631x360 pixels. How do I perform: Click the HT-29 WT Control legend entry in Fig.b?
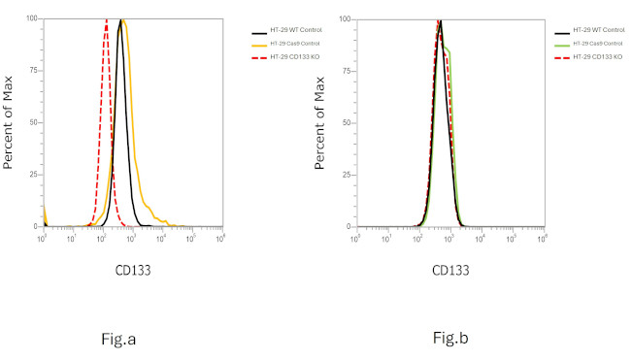pyautogui.click(x=598, y=32)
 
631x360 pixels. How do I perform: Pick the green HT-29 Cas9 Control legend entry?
pyautogui.click(x=596, y=44)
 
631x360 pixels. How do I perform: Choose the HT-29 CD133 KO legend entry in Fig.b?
pyautogui.click(x=596, y=56)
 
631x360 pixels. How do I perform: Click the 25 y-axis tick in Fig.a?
pyautogui.click(x=33, y=175)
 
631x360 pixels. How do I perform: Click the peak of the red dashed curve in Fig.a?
pyautogui.click(x=106, y=20)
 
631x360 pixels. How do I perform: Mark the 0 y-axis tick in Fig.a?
pyautogui.click(x=36, y=226)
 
